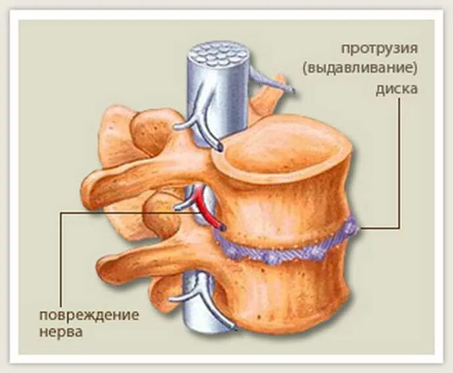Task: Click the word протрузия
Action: pos(379,49)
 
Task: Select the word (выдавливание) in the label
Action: pos(379,68)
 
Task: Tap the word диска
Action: pos(397,88)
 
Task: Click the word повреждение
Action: pos(88,314)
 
